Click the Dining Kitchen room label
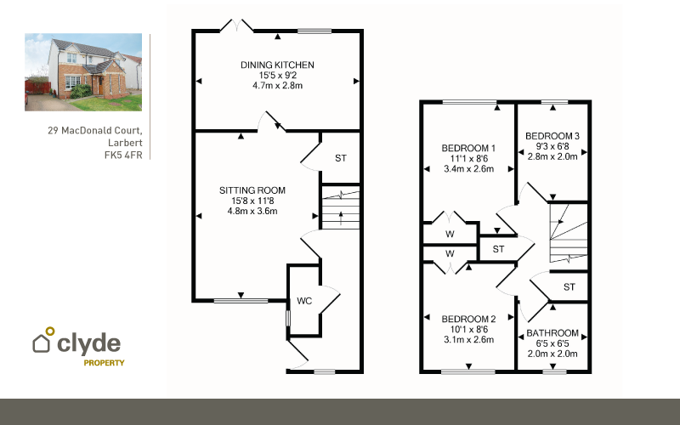[x=277, y=65]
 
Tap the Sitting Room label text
[x=252, y=190]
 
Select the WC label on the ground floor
[x=304, y=301]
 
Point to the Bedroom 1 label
[x=468, y=148]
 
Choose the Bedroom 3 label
[x=552, y=136]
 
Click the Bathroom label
[x=552, y=333]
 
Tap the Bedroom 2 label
[x=468, y=320]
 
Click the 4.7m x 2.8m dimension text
[x=278, y=86]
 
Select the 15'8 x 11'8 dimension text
[x=252, y=201]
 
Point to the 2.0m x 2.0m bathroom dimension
[x=552, y=354]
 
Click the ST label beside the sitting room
[x=341, y=158]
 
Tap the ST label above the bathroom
[x=569, y=286]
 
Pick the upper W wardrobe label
[x=450, y=235]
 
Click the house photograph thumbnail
[x=83, y=72]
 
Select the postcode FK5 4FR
[x=123, y=155]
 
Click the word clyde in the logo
[x=89, y=343]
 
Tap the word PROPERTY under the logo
[x=104, y=363]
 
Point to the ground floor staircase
[x=341, y=207]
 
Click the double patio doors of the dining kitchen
[x=237, y=25]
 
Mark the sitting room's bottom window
[x=241, y=300]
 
